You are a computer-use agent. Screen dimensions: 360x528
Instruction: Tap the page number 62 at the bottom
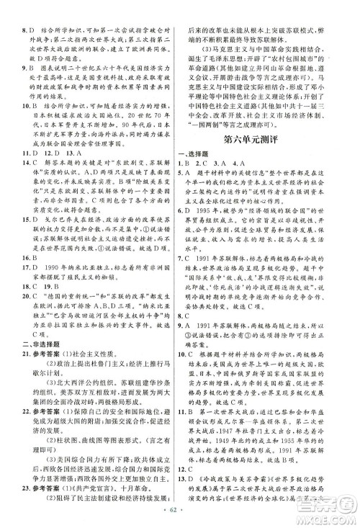(x=180, y=516)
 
